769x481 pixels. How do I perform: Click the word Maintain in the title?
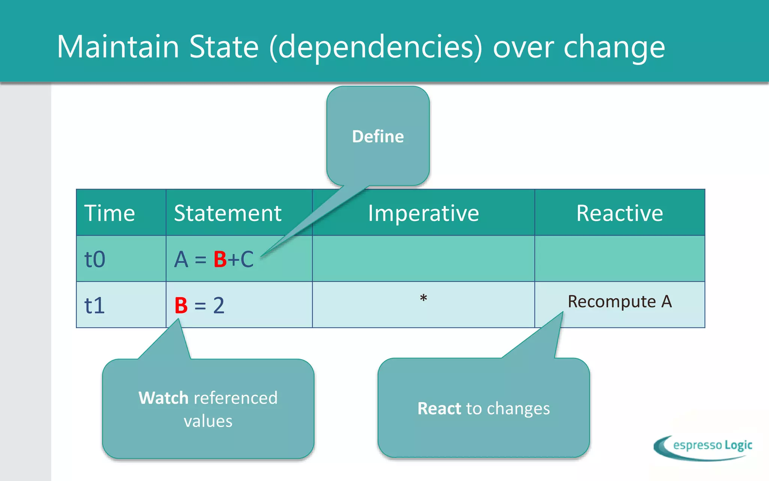click(118, 47)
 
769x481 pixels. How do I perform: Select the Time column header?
click(109, 213)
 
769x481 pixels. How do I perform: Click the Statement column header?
click(228, 213)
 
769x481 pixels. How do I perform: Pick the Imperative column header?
click(423, 213)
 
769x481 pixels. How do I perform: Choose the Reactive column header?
click(620, 213)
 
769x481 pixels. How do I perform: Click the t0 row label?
click(95, 259)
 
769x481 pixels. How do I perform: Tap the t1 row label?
click(94, 305)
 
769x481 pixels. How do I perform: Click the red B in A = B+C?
click(220, 259)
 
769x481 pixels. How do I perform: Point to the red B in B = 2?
click(181, 305)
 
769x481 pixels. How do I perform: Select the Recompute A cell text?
click(620, 301)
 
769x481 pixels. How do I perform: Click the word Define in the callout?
click(378, 136)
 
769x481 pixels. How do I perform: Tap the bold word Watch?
click(163, 398)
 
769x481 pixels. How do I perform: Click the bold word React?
click(439, 408)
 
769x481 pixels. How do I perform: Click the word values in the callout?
click(208, 421)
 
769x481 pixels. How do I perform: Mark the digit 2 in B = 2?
click(219, 305)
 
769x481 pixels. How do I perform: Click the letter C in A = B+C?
click(247, 259)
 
